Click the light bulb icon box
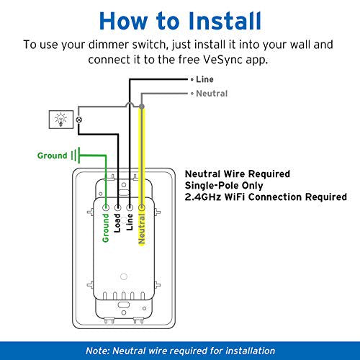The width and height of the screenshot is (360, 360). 61,120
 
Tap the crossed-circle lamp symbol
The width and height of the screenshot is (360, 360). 79,120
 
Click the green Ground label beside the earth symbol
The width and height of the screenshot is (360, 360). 53,156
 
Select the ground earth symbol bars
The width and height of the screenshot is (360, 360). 76,156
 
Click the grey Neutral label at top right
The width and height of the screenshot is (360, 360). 212,94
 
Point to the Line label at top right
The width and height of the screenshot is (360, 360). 204,79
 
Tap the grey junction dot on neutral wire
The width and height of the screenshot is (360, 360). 142,106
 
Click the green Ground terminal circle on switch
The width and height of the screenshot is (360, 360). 106,207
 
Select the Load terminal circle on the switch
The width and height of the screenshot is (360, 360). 117,207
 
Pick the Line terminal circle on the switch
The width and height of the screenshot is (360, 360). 130,207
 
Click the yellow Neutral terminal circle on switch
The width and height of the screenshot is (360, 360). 142,207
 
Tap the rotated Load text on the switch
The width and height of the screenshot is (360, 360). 117,223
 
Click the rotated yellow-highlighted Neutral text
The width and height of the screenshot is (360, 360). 142,229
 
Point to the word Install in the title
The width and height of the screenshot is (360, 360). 225,21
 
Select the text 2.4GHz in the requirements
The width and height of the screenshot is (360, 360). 203,197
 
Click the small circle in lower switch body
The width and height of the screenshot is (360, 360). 124,276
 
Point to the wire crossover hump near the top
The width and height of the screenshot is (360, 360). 130,104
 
